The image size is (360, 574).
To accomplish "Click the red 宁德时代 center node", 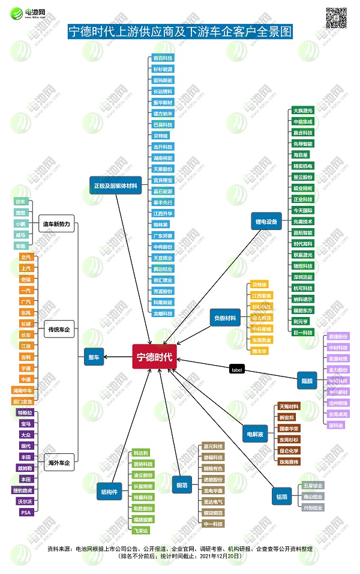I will (x=154, y=357).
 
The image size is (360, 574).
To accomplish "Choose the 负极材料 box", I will (x=225, y=318).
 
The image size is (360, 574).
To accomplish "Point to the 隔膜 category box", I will (x=307, y=379).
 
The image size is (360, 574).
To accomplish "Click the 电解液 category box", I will (x=254, y=433).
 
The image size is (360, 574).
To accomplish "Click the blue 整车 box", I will (x=94, y=356).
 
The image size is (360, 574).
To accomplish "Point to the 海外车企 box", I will (x=59, y=463).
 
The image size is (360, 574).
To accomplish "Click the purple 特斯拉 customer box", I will (x=25, y=412).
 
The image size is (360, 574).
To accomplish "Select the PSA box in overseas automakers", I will (x=25, y=512).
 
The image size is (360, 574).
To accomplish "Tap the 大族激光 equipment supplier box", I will (x=302, y=110).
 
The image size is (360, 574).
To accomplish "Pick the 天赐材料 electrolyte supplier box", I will (x=289, y=406).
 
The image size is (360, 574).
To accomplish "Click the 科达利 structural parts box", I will (x=142, y=453).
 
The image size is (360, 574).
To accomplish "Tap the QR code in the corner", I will (x=336, y=17).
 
